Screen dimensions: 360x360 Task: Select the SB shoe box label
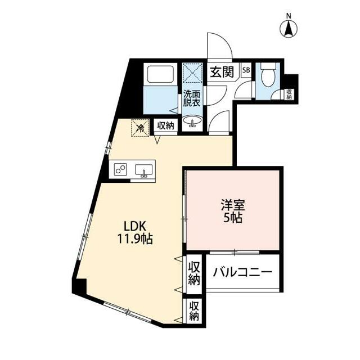246,71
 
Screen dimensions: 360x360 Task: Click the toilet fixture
267,74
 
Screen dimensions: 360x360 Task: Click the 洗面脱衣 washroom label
191,98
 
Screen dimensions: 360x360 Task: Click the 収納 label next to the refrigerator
165,126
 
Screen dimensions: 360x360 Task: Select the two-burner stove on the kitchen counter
120,169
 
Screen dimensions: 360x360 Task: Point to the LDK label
136,226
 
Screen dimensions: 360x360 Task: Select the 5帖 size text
232,218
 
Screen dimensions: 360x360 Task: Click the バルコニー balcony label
243,272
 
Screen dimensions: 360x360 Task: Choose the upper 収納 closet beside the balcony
194,272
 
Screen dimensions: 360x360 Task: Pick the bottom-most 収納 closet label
194,311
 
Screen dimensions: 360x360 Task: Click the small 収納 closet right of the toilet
289,94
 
